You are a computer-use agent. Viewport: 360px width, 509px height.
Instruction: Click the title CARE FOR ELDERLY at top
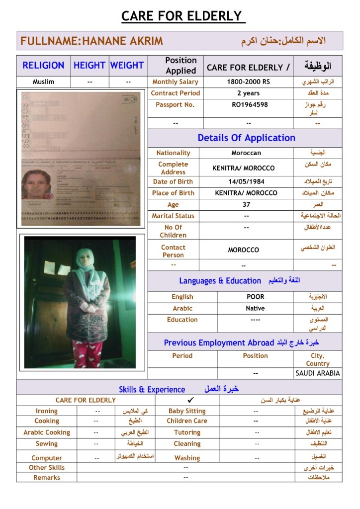pos(181,16)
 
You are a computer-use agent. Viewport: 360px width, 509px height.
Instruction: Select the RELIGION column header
pos(43,65)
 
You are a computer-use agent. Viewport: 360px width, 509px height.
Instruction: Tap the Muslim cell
pos(43,82)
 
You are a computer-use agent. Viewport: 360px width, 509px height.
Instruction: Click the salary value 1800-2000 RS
pos(248,82)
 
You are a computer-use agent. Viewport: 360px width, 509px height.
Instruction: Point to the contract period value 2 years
pos(248,93)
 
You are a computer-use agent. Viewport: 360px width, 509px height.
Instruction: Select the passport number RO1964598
pos(250,105)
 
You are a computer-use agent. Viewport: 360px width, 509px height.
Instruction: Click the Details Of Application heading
pos(246,138)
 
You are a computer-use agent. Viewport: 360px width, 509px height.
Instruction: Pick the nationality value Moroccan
pos(246,153)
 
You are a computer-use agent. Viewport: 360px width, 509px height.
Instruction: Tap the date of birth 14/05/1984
pos(245,182)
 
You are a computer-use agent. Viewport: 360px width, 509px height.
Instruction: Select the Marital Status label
pos(173,216)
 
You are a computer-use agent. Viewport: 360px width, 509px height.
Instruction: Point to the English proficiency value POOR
pos(256,297)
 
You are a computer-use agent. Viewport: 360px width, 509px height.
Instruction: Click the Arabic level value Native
pos(255,308)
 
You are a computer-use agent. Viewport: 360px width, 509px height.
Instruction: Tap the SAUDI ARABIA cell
pos(318,373)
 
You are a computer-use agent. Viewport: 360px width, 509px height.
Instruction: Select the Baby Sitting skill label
pos(187,411)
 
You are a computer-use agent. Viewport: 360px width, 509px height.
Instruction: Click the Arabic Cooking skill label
pos(47,432)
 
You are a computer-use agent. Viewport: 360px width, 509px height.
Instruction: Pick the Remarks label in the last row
pos(47,477)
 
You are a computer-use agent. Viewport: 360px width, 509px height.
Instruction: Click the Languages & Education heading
pos(220,281)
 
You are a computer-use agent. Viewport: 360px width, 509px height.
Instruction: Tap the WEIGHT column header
pos(127,65)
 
